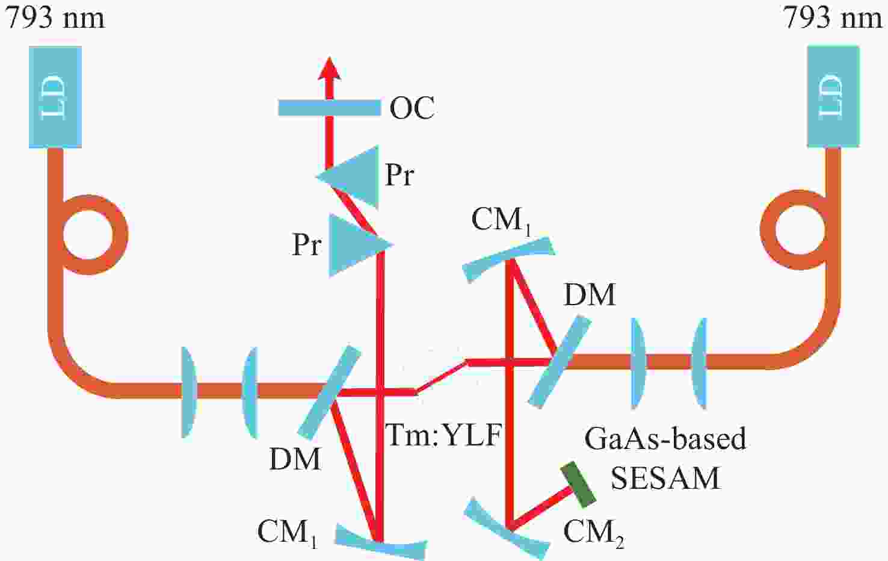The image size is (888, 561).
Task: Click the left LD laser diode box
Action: coord(55,97)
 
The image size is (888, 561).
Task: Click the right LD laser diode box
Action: coord(833,97)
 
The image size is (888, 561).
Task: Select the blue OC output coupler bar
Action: coord(330,108)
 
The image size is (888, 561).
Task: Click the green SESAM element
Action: coord(578,485)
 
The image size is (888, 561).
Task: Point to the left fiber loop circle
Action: coord(88,202)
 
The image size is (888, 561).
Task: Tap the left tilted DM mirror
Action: coord(330,392)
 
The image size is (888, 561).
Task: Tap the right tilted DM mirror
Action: coord(560,361)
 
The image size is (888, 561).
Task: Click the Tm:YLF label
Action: coord(443,435)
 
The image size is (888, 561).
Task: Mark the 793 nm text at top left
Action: coord(55,17)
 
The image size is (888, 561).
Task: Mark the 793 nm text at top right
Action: coord(833,17)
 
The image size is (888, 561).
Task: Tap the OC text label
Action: coord(412,108)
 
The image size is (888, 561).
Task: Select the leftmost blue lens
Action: coord(189,392)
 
